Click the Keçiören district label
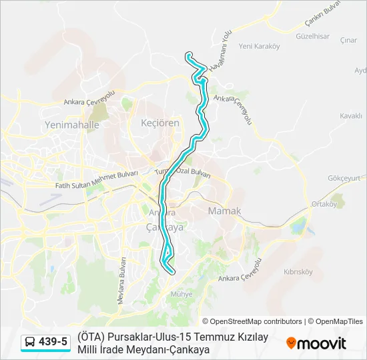pos(160,123)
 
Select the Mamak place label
pos(224,211)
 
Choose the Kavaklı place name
pos(350,116)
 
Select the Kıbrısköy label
pos(298,272)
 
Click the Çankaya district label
pos(164,227)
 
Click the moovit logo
pos(316,343)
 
